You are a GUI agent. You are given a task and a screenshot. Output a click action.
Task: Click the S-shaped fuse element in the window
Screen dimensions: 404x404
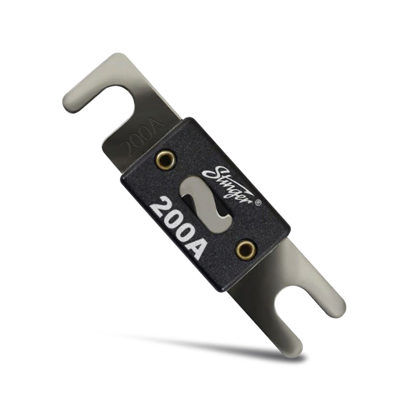(205, 202)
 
